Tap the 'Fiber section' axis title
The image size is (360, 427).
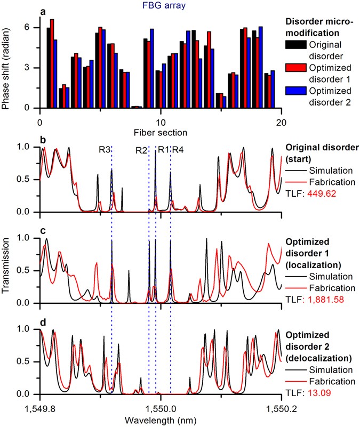pos(161,130)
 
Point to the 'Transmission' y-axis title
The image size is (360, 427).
pos(7,272)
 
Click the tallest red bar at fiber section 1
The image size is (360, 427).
pos(52,63)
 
